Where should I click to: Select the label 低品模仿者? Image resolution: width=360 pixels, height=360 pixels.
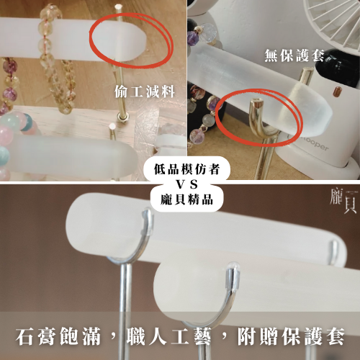click(x=180, y=167)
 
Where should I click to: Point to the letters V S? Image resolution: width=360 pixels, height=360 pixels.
click(x=180, y=183)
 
